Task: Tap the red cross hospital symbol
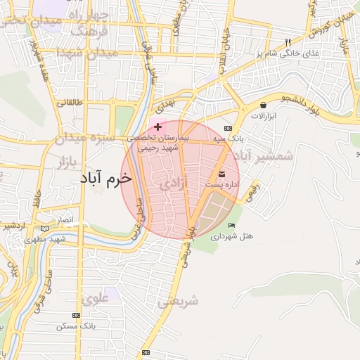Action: [157, 127]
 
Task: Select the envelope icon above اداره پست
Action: [222, 174]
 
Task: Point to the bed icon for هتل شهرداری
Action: [231, 226]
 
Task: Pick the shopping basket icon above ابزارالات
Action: [262, 104]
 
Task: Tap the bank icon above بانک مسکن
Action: [76, 316]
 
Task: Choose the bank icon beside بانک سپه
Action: [228, 129]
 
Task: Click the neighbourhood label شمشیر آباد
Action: [265, 155]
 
